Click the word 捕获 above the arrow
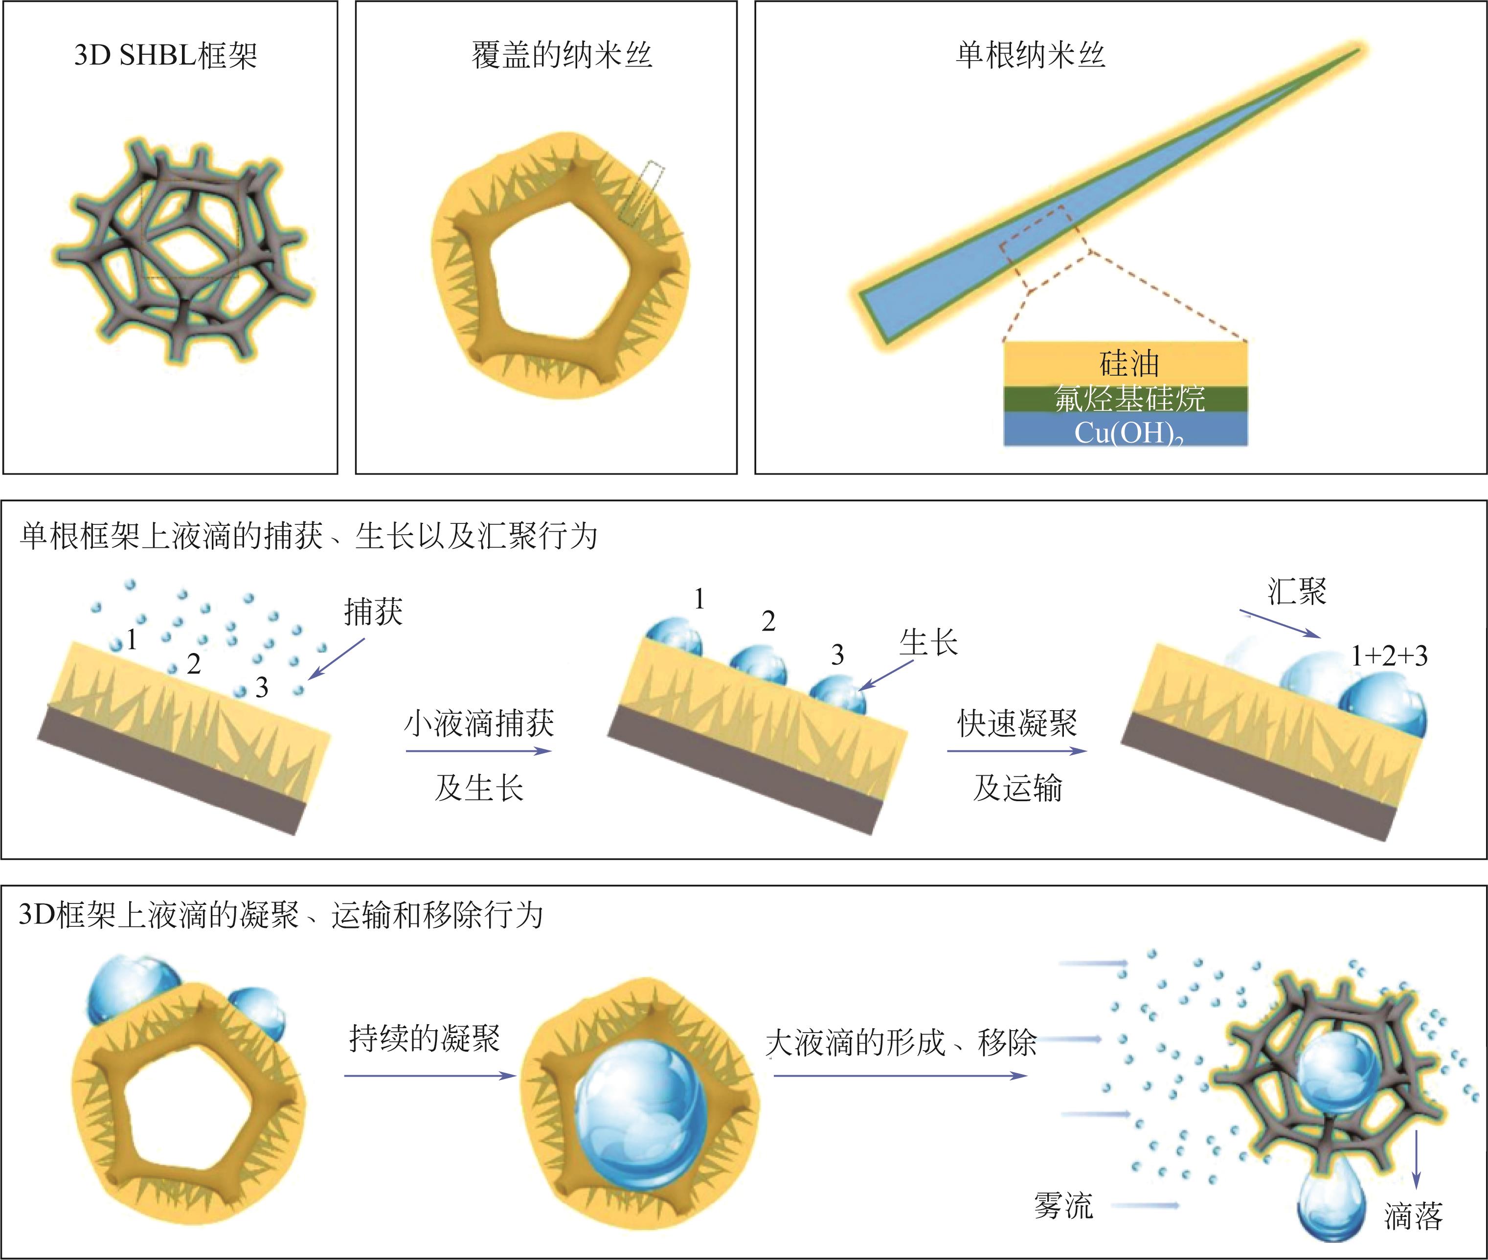coord(373,612)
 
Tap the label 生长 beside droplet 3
coord(928,643)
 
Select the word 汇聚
coord(1297,592)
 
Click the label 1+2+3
coord(1389,656)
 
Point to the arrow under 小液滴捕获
coord(478,751)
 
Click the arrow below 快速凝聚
coord(1016,751)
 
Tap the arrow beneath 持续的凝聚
coord(429,1076)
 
